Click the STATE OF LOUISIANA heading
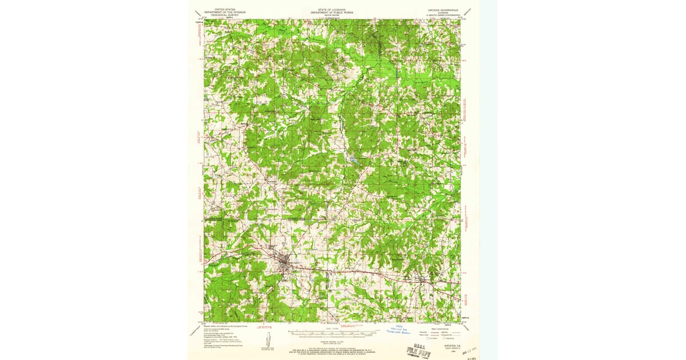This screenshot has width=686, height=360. pyautogui.click(x=332, y=10)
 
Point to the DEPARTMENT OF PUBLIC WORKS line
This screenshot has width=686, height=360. pyautogui.click(x=332, y=12)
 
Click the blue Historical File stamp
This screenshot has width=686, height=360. pyautogui.click(x=400, y=330)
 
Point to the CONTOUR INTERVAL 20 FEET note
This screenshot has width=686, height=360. pyautogui.click(x=332, y=341)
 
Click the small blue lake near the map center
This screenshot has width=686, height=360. pyautogui.click(x=353, y=161)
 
